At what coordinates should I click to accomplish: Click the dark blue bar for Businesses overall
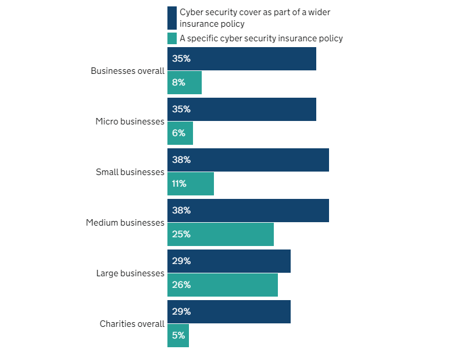[241, 59]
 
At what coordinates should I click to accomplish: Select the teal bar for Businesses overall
[184, 83]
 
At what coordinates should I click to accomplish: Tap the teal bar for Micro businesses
[180, 133]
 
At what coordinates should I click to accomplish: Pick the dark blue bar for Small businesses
[248, 160]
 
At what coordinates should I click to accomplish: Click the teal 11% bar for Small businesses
[191, 184]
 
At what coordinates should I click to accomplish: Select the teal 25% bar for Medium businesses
[220, 234]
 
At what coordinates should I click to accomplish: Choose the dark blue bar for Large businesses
[228, 261]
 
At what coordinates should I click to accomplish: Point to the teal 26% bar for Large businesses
[223, 285]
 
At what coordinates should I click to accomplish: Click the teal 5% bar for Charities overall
[178, 336]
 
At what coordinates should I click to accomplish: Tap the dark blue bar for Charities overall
[228, 312]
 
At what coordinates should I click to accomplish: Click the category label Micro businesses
[130, 122]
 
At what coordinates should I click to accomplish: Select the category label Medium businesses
[125, 223]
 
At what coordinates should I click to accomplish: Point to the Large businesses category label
[130, 273]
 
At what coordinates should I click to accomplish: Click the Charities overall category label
[132, 324]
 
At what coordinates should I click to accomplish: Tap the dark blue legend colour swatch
[172, 18]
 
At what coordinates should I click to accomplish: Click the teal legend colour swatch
[172, 38]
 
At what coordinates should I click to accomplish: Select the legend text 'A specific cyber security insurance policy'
[261, 38]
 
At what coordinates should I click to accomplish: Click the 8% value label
[178, 83]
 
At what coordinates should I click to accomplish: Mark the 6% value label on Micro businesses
[178, 133]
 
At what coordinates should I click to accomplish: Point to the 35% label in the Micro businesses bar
[181, 109]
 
